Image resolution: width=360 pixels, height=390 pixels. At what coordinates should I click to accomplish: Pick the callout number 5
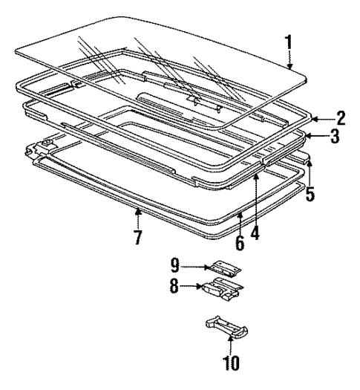click(310, 195)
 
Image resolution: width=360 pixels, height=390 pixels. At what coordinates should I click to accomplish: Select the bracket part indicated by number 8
click(222, 288)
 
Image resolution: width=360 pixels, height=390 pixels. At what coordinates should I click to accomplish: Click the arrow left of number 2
click(317, 117)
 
